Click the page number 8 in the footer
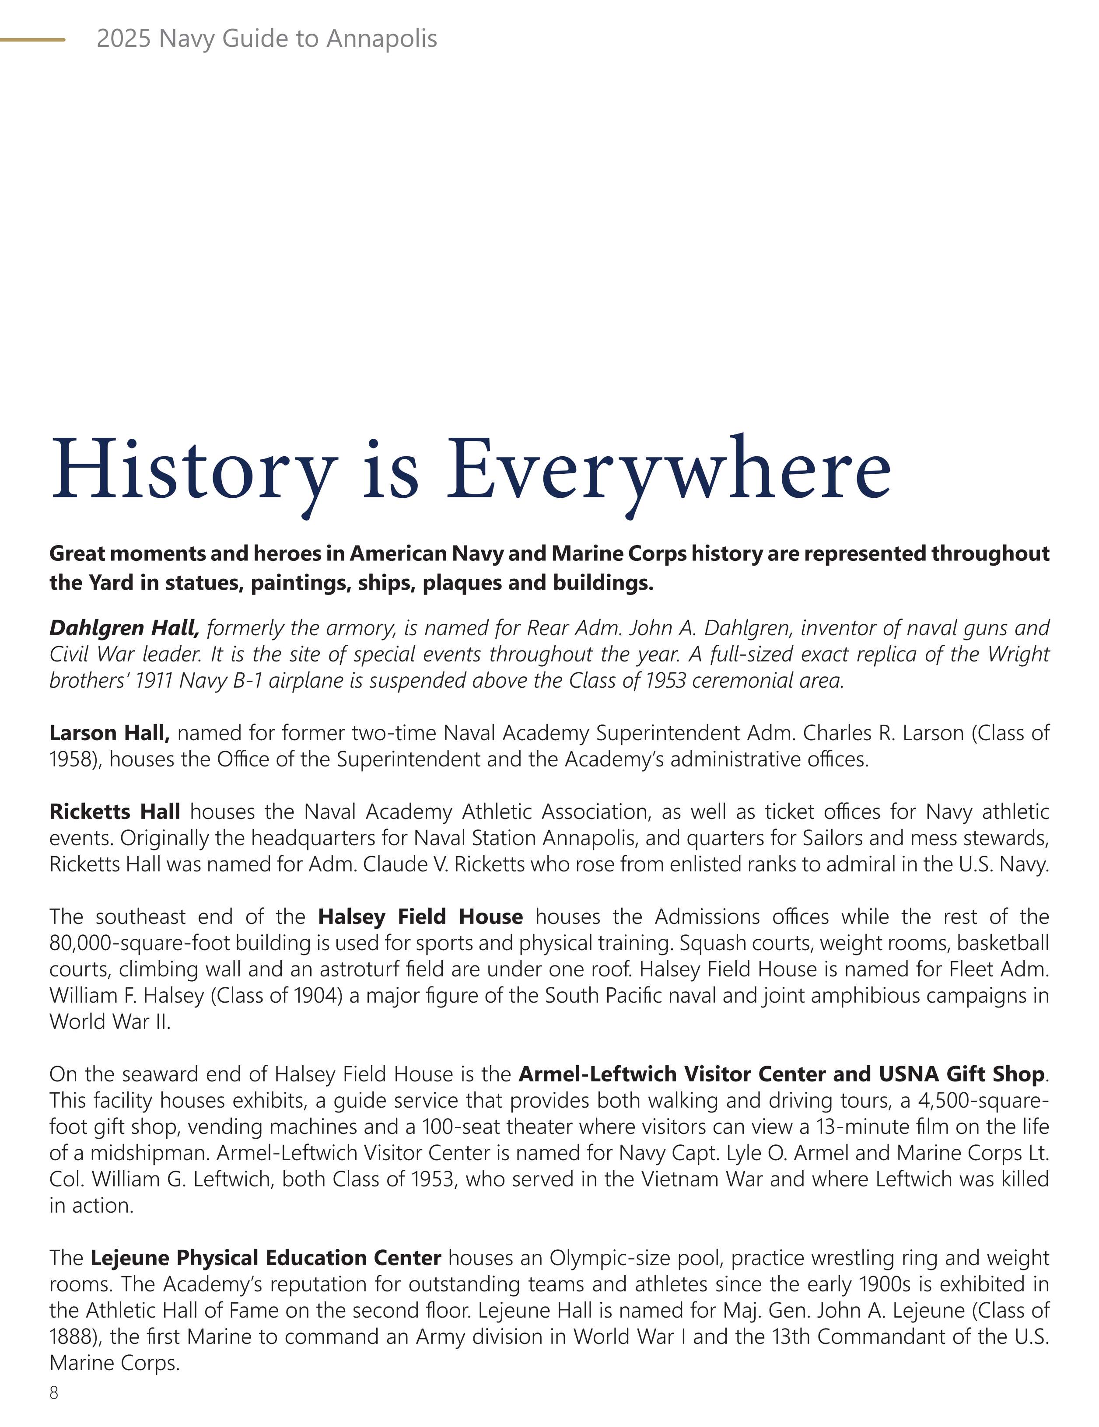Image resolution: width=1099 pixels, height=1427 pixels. coord(53,1392)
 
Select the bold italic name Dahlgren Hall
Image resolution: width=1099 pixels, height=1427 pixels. coord(124,628)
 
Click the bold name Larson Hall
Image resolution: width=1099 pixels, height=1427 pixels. coord(109,733)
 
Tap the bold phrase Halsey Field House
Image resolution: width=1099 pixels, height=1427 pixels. coord(420,917)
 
